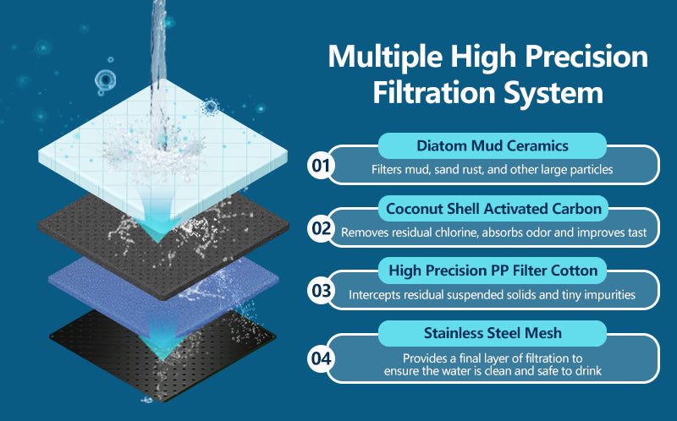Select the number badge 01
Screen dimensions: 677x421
321,165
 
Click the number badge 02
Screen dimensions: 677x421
321,227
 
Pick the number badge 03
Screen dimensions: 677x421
321,290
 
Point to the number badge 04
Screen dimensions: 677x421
321,358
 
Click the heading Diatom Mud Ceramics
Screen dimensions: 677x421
493,145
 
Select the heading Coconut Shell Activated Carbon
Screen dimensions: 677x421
493,209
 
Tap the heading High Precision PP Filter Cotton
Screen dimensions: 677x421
493,271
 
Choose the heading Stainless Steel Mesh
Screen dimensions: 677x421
493,333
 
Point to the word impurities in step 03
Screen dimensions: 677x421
609,294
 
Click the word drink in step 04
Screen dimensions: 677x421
588,370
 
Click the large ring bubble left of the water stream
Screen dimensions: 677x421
105,80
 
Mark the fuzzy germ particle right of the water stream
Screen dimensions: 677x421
210,107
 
